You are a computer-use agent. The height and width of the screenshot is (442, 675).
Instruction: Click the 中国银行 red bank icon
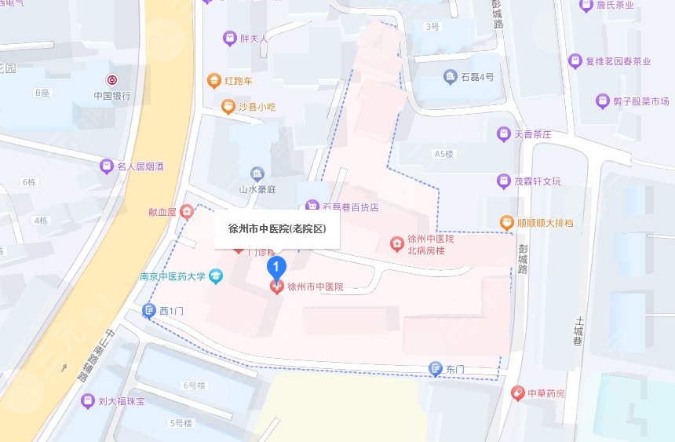click(113, 81)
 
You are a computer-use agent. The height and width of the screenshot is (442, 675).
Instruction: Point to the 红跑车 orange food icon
click(213, 80)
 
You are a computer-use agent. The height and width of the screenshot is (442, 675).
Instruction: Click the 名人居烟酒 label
click(140, 166)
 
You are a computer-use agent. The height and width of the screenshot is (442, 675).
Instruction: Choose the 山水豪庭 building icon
click(257, 174)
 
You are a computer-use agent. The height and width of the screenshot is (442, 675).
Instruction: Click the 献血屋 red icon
click(186, 210)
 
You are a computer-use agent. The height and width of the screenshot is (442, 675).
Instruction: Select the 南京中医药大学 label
click(173, 276)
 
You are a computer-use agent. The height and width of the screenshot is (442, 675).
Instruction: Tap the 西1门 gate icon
click(149, 312)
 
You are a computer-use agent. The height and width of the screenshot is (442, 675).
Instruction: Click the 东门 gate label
click(455, 368)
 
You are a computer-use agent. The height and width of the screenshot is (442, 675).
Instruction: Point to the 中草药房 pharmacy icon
click(517, 393)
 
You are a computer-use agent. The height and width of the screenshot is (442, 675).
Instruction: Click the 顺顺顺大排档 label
click(545, 224)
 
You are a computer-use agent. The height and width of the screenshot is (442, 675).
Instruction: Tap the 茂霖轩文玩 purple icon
click(503, 182)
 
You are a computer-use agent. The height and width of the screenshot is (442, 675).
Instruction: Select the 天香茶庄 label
click(533, 135)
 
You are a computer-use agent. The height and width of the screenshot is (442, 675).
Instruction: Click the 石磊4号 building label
click(477, 77)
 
